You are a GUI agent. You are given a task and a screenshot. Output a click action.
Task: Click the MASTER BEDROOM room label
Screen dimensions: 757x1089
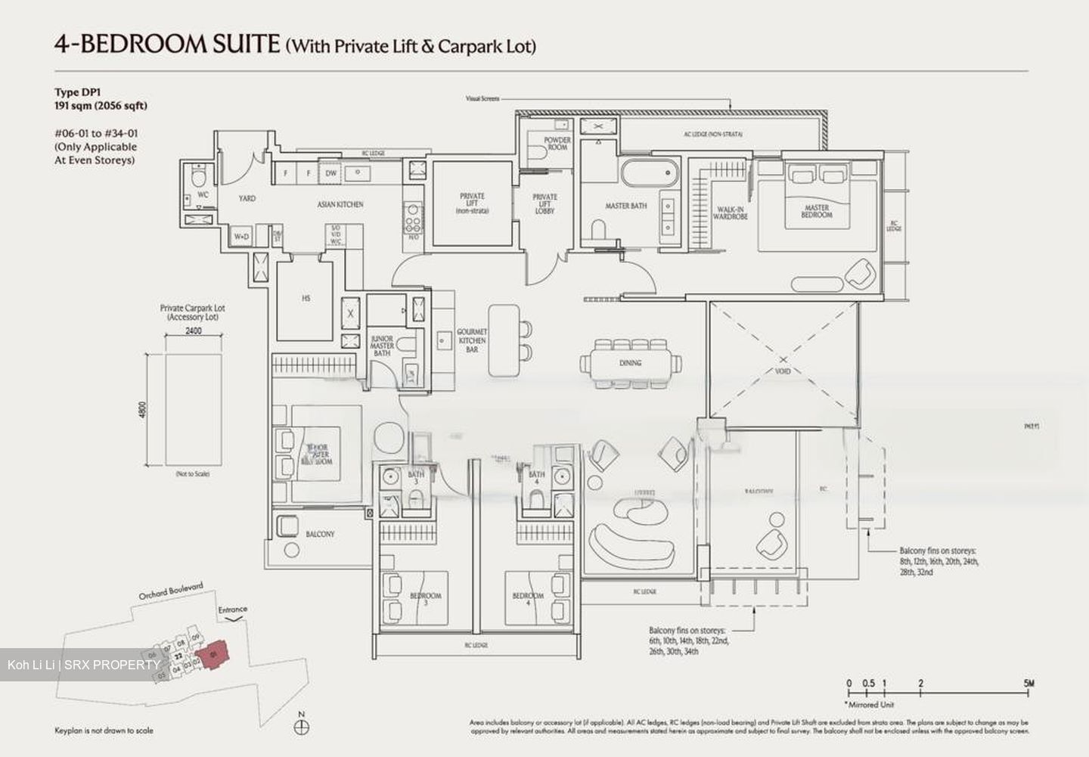point(816,212)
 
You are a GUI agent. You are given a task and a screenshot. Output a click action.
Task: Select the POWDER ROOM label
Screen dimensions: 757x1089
point(557,144)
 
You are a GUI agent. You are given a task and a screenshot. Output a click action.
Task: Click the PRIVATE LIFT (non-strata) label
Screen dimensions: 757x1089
point(472,203)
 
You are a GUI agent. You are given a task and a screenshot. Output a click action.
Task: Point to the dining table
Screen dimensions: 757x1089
point(630,363)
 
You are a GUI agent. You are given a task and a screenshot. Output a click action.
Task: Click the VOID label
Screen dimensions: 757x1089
point(783,371)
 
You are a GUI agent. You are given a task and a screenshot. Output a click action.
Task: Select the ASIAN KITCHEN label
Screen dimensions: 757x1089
point(340,204)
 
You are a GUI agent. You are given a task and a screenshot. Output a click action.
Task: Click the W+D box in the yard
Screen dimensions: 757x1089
point(241,237)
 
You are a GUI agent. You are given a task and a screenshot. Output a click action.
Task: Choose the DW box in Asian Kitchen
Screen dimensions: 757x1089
point(330,172)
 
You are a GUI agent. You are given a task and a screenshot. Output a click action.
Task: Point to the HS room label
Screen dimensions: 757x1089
point(306,298)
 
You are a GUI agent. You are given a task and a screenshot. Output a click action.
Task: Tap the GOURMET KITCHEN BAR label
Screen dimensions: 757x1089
point(472,340)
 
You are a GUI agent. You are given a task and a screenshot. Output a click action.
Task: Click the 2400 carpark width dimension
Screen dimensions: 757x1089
point(193,331)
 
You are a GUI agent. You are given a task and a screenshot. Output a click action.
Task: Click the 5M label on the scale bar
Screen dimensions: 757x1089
point(1029,684)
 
